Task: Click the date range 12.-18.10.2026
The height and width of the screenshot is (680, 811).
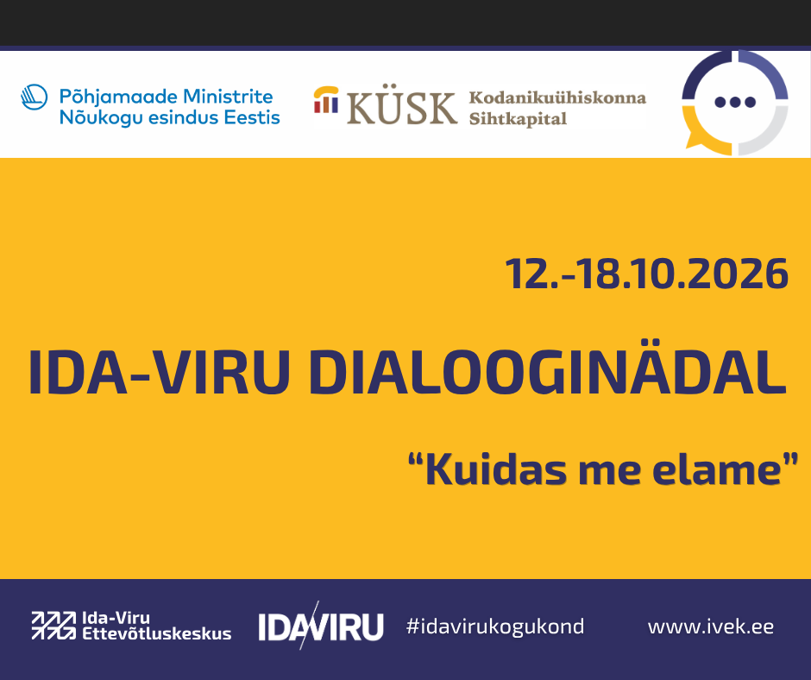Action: coord(646,274)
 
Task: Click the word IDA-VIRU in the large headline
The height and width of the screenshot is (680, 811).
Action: coord(159,373)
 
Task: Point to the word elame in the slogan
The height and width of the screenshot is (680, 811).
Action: coord(717,470)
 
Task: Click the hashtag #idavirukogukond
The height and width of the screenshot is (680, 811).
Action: coord(495,626)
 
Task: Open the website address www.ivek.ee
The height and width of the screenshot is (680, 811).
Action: coord(711,627)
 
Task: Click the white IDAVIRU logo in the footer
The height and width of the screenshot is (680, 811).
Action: coord(321,626)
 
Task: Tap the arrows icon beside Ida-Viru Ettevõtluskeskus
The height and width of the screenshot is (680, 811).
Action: coord(53,625)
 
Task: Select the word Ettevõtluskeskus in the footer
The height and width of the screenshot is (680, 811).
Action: coord(157,633)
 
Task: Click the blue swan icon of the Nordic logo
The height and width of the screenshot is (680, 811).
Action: coord(35,98)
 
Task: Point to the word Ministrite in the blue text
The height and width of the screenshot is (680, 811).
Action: coord(228,97)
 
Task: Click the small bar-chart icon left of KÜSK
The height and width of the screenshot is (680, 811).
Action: coord(326,100)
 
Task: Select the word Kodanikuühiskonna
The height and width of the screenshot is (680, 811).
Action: coord(557,98)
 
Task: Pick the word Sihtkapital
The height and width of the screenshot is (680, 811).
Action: coord(518,119)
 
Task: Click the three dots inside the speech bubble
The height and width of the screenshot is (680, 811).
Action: coord(735,102)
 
